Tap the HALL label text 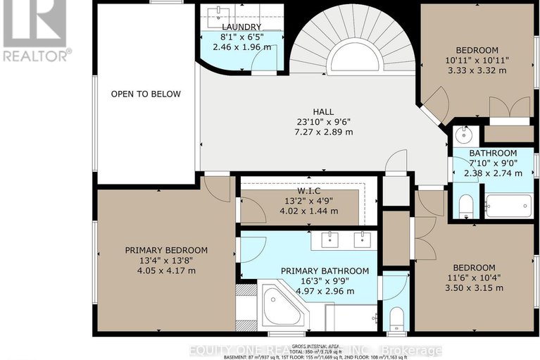click(x=324, y=111)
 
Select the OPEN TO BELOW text click(x=145, y=94)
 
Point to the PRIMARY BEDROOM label click(x=166, y=250)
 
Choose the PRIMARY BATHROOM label click(x=325, y=271)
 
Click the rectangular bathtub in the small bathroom click(x=507, y=205)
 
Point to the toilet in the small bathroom click(x=465, y=206)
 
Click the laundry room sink click(x=220, y=15)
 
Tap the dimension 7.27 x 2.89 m click(x=324, y=132)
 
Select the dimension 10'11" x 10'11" click(x=477, y=61)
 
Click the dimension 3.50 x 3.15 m click(x=474, y=288)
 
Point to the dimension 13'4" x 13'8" click(x=166, y=260)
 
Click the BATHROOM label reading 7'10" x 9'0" click(x=493, y=153)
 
